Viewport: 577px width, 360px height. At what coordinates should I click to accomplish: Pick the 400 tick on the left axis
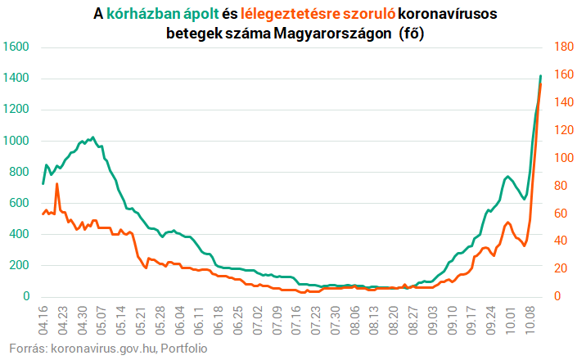pos(20,234)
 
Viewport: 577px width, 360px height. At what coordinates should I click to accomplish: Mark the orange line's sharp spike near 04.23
pos(56,184)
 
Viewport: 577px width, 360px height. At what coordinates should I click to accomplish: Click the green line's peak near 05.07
pos(92,137)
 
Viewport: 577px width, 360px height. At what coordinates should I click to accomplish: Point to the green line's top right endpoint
pos(540,76)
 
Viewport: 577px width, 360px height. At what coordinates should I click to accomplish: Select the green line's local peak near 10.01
pos(508,176)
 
